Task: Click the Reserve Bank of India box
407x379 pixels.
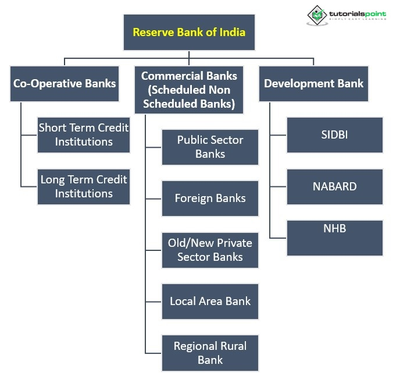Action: pyautogui.click(x=189, y=32)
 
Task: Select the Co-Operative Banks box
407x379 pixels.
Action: pyautogui.click(x=65, y=83)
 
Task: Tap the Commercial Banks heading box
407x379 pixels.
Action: pyautogui.click(x=189, y=90)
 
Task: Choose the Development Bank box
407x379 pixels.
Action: pyautogui.click(x=313, y=83)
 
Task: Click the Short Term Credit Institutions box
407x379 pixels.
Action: pyautogui.click(x=84, y=134)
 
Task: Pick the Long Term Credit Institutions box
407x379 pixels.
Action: pyautogui.click(x=84, y=186)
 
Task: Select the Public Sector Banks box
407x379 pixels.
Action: pyautogui.click(x=210, y=147)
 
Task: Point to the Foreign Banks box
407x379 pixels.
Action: pyautogui.click(x=210, y=199)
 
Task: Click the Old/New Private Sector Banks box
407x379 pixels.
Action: pyautogui.click(x=210, y=250)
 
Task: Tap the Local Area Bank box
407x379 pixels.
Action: pyautogui.click(x=210, y=302)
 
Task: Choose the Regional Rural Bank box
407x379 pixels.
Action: pyautogui.click(x=210, y=353)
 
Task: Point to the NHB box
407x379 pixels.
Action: pyautogui.click(x=334, y=238)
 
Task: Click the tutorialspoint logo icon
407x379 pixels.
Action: pyautogui.click(x=317, y=15)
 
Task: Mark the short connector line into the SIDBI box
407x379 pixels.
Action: pyautogui.click(x=278, y=135)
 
